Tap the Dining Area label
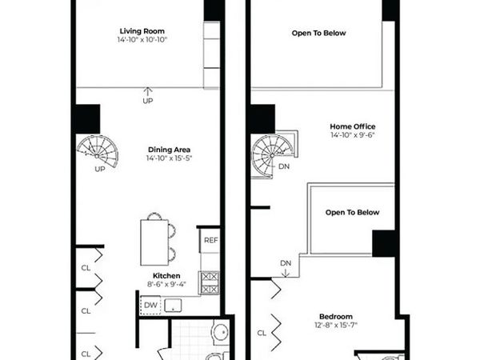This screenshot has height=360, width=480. tap(169, 149)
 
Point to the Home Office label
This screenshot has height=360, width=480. tap(352, 126)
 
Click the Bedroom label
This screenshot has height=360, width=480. tap(335, 315)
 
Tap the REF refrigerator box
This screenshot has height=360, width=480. tap(210, 240)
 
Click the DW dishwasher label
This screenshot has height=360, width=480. tap(150, 305)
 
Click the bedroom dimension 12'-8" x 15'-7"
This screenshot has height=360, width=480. tap(335, 325)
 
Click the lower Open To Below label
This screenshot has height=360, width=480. tap(352, 213)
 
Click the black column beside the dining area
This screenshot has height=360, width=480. tap(86, 119)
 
